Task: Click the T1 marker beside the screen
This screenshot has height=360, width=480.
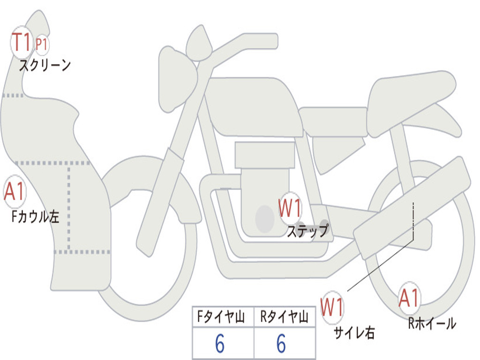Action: (x=21, y=43)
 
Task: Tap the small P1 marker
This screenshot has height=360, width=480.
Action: (x=42, y=45)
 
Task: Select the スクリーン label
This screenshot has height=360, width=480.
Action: (x=45, y=65)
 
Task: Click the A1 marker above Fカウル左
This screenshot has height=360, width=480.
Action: (x=14, y=192)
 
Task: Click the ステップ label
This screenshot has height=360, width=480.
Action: (x=307, y=231)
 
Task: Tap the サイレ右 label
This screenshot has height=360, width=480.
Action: (x=354, y=332)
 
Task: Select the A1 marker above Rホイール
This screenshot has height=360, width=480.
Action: (x=409, y=298)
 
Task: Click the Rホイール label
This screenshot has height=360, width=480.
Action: (x=432, y=323)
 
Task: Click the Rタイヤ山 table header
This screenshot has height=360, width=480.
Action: (x=284, y=317)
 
